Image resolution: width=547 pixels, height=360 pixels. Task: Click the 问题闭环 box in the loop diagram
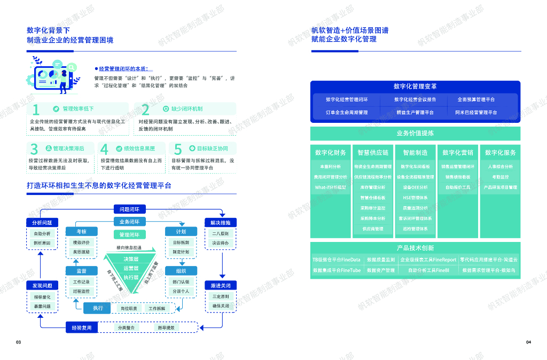tap(129, 209)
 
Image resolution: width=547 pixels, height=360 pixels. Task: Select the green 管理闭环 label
tap(129, 234)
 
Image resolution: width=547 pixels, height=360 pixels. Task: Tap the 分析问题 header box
tap(42, 222)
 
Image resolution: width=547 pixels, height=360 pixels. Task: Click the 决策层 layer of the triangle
tap(131, 259)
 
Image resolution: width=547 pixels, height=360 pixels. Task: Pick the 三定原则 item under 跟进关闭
tap(220, 296)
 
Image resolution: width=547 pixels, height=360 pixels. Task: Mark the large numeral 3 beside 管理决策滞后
tap(34, 149)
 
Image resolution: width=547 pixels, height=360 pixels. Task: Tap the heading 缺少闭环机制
tap(186, 109)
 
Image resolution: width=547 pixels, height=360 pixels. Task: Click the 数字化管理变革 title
tap(415, 86)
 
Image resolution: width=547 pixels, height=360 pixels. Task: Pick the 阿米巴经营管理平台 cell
tap(475, 113)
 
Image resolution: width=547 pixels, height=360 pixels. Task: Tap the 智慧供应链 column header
tap(372, 153)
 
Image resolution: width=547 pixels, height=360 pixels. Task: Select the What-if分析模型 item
tap(330, 187)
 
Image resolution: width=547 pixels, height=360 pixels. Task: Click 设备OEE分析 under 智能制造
tap(415, 187)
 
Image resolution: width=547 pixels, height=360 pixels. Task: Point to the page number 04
tap(528, 342)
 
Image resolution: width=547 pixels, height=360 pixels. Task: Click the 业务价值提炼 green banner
tap(415, 133)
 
